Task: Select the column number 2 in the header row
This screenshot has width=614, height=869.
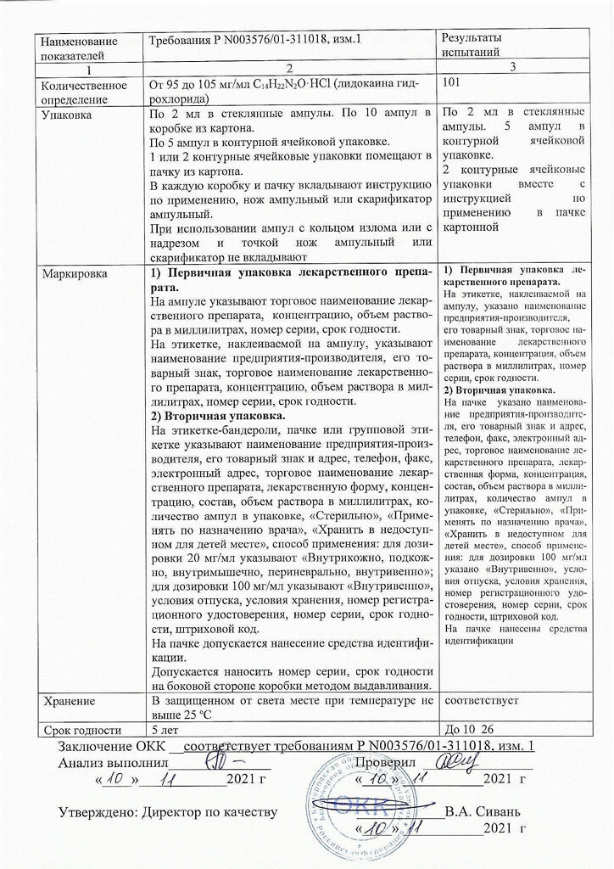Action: pyautogui.click(x=291, y=67)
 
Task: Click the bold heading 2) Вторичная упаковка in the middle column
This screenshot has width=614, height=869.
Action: pyautogui.click(x=218, y=416)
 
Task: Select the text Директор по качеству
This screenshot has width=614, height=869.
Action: pyautogui.click(x=211, y=812)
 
